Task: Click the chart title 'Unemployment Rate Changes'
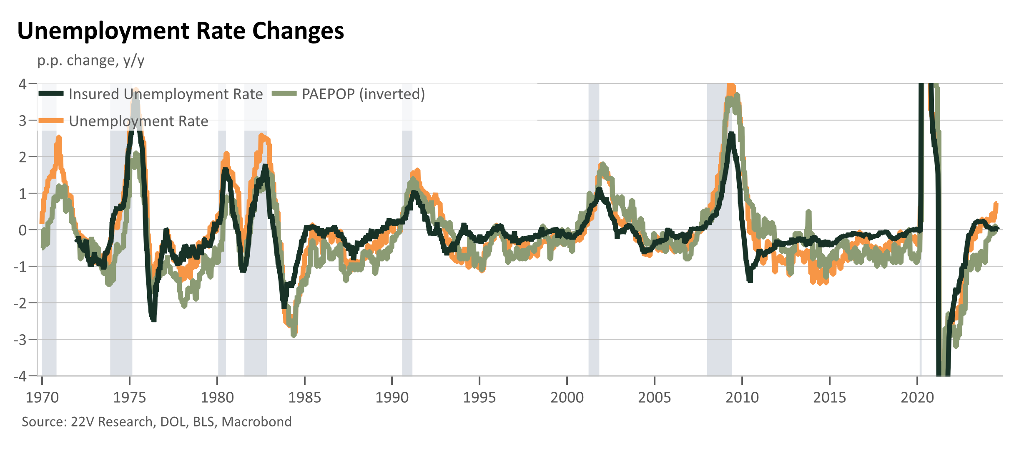(x=181, y=31)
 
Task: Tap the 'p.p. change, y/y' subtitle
(x=91, y=61)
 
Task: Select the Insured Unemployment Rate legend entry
(x=151, y=94)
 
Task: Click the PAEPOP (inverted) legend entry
(x=348, y=94)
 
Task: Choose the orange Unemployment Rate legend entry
(x=123, y=121)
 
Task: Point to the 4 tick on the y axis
(x=23, y=84)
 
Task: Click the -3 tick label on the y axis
(x=20, y=340)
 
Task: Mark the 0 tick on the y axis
(x=23, y=230)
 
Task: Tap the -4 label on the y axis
(x=20, y=376)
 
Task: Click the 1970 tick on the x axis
(x=42, y=398)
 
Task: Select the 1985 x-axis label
(x=305, y=398)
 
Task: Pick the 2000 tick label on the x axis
(x=567, y=398)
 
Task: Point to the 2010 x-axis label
(x=742, y=398)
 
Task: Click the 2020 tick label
(x=917, y=398)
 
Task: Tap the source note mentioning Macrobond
(x=157, y=422)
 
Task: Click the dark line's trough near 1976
(x=153, y=320)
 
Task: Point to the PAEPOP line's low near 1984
(x=294, y=334)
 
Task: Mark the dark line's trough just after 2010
(x=750, y=280)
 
